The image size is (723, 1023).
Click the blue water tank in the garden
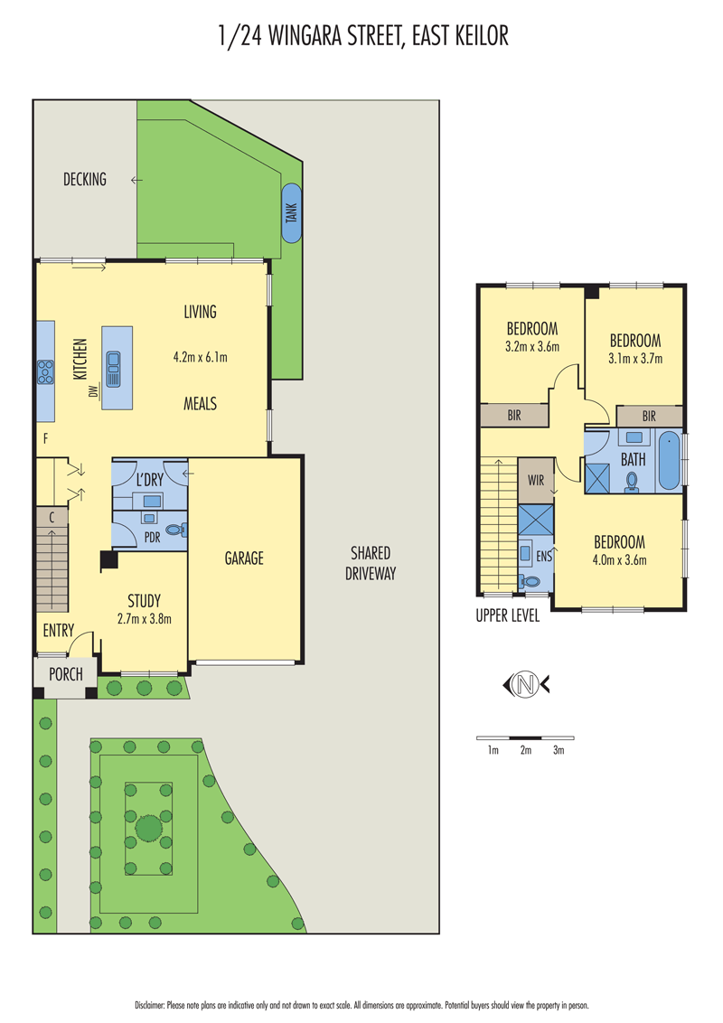[x=292, y=212]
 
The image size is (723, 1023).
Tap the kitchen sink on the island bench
[x=114, y=370]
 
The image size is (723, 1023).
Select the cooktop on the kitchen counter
[x=45, y=372]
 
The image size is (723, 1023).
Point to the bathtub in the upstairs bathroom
[x=670, y=460]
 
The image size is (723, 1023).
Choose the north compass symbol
[x=526, y=685]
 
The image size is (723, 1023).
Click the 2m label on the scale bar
[x=526, y=750]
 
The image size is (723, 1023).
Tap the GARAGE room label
[x=244, y=558]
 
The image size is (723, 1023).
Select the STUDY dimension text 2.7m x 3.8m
[x=145, y=618]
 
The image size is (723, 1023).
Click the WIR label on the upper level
[x=536, y=480]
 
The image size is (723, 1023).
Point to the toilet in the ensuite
[x=530, y=581]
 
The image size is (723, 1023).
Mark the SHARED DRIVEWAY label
[x=371, y=563]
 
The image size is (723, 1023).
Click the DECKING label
[x=85, y=180]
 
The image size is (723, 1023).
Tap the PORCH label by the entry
[x=66, y=674]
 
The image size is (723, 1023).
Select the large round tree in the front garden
[x=149, y=829]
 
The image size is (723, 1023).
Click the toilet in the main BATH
[x=632, y=482]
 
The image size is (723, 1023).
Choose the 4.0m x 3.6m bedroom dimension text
[x=619, y=559]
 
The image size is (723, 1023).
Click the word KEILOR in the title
[x=484, y=36]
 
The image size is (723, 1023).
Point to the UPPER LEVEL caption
[x=508, y=616]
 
